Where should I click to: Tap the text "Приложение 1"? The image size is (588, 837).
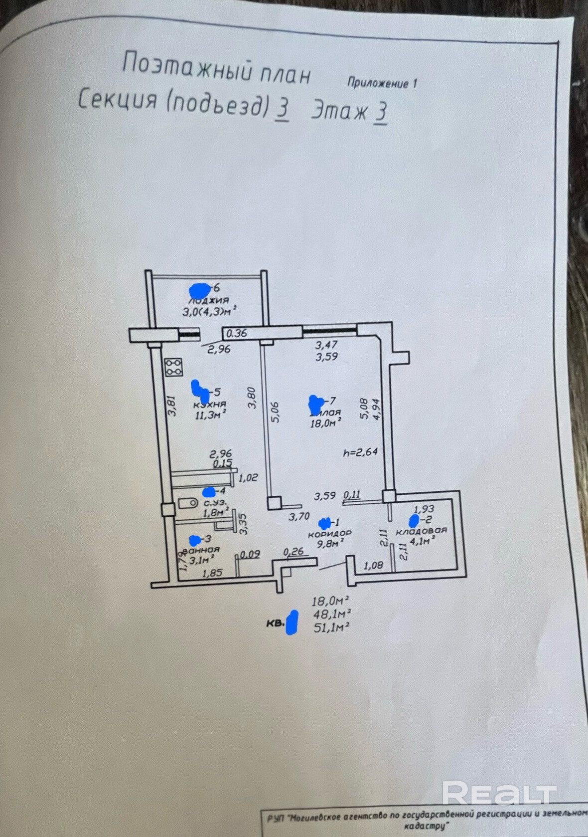coord(382,83)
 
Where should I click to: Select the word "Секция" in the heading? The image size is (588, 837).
coord(118,99)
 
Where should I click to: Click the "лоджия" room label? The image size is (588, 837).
coord(209,300)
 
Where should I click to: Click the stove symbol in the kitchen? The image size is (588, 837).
coord(174,367)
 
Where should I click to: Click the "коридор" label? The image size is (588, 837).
coord(329,533)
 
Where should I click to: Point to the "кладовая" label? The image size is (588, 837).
coord(421,531)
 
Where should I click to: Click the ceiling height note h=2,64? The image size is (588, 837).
coord(360,452)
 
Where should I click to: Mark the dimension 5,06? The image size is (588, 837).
coord(275,412)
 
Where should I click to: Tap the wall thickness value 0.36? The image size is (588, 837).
coord(236,333)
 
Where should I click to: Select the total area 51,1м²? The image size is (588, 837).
coord(330,628)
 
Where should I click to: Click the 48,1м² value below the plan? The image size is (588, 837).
coord(330,614)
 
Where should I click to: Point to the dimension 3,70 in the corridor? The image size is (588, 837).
coord(299,517)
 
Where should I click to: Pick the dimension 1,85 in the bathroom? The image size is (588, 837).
coord(212,573)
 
